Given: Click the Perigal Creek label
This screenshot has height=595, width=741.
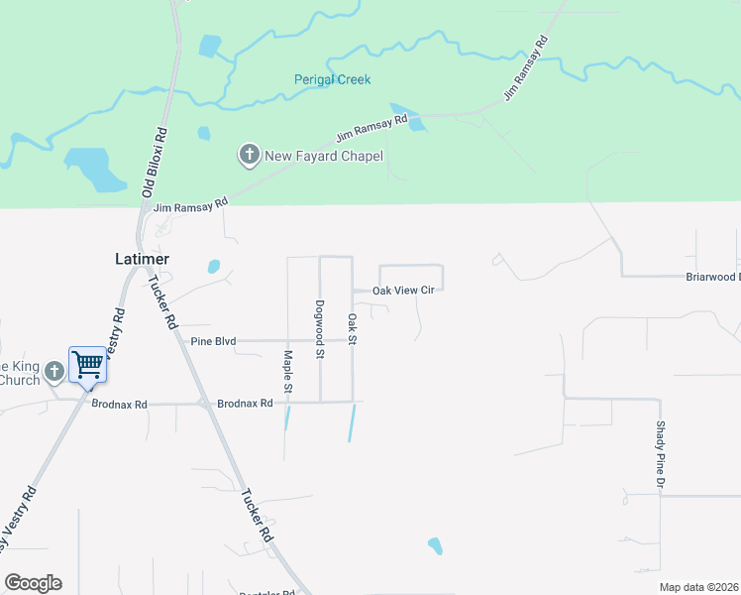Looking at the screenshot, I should [x=332, y=79].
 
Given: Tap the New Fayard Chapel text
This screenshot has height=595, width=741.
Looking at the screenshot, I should [x=323, y=156].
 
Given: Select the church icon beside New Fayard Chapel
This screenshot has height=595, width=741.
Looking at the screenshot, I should [x=249, y=155].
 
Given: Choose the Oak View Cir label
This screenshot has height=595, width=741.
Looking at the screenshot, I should [x=403, y=291].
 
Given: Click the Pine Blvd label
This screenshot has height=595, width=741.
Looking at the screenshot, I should [x=213, y=341].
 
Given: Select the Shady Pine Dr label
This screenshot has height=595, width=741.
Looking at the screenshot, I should [x=659, y=453].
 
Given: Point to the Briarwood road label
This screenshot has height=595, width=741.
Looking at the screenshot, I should [x=713, y=278].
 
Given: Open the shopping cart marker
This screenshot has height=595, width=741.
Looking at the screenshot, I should [x=87, y=364].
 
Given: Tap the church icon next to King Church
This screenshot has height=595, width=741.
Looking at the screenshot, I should [x=53, y=371].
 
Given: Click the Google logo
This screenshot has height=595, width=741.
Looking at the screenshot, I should [x=33, y=583].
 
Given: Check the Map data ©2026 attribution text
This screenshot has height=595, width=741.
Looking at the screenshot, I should [x=698, y=587].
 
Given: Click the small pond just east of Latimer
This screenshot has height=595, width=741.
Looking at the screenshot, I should [x=213, y=266].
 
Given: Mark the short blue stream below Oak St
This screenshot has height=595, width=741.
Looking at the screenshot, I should [x=351, y=423].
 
